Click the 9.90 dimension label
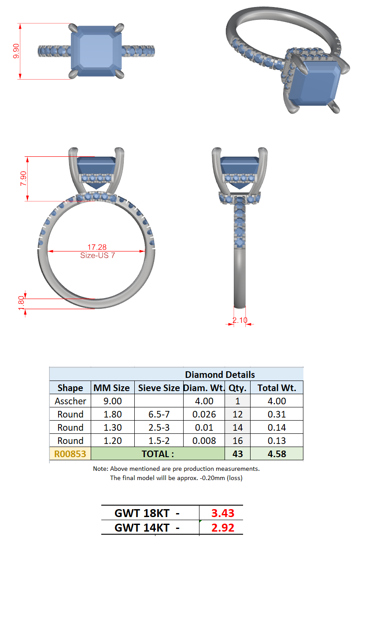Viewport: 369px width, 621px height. coord(16,51)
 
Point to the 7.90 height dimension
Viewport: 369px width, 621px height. coord(23,178)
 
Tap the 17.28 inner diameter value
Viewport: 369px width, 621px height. coord(97,247)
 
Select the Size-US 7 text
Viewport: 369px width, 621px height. coord(98,255)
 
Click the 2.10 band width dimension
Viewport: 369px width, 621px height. coord(240,320)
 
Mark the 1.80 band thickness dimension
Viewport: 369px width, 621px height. coord(21,303)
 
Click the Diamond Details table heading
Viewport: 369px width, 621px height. coord(220,374)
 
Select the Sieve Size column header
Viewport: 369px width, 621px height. coord(159,388)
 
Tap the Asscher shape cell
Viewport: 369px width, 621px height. coord(70,401)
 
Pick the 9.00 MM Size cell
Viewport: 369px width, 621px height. coord(113,401)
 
